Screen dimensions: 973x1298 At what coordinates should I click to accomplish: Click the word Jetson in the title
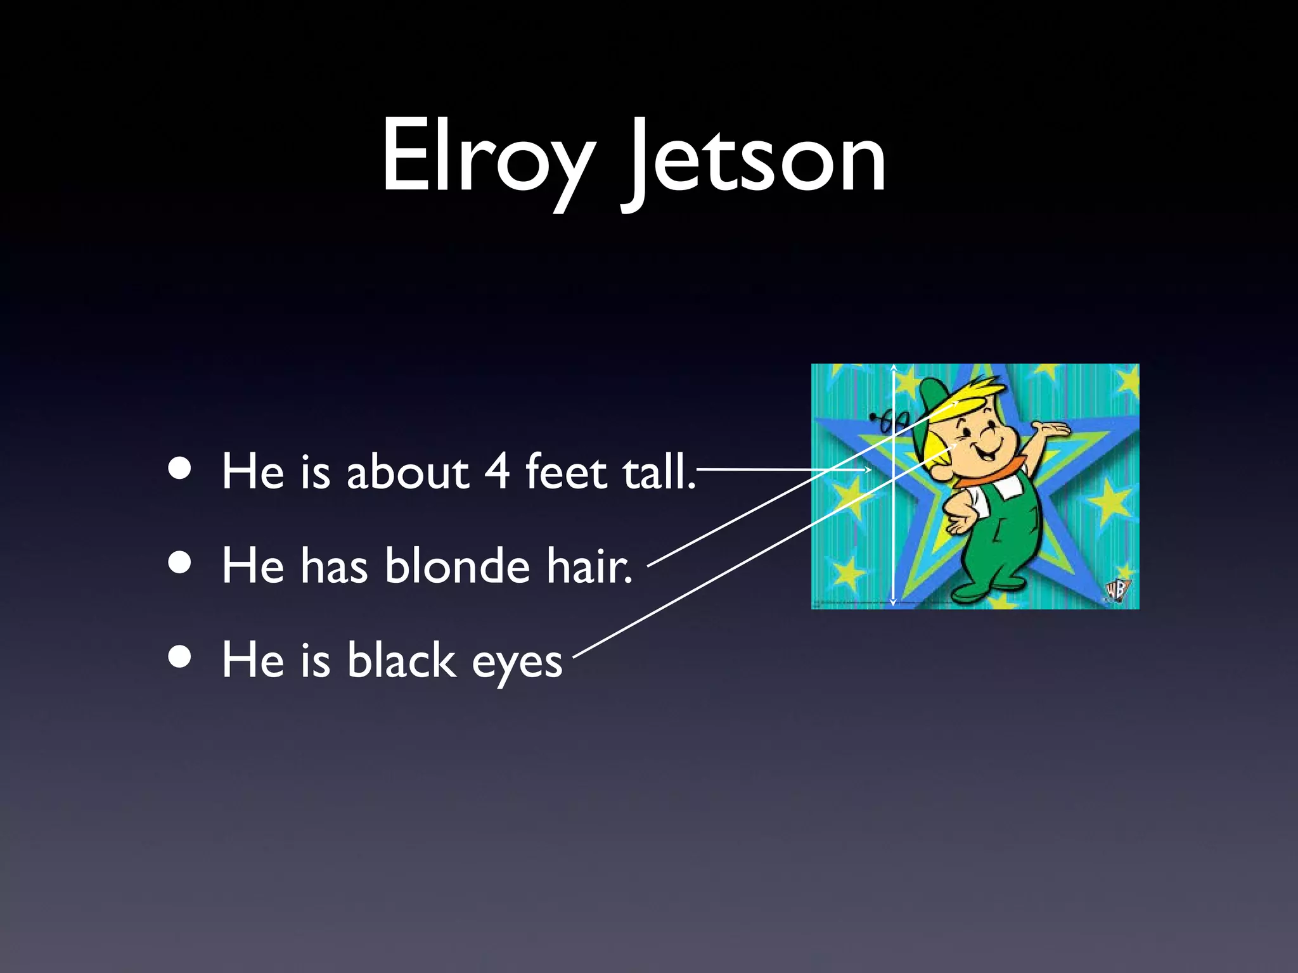click(x=754, y=158)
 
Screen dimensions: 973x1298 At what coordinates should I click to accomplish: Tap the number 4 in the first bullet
click(x=497, y=471)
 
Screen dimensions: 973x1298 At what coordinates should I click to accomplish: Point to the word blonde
click(x=457, y=566)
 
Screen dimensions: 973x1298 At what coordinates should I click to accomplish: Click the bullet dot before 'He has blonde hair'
click(x=181, y=562)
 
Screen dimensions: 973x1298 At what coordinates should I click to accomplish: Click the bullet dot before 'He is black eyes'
click(x=181, y=656)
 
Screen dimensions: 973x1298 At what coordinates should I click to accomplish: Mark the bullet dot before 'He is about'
click(x=181, y=468)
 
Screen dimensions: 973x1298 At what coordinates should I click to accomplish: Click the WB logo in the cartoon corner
click(x=1119, y=590)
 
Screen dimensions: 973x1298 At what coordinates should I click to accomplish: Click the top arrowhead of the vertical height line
click(x=894, y=367)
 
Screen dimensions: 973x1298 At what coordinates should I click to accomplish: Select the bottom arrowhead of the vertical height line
click(x=894, y=602)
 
